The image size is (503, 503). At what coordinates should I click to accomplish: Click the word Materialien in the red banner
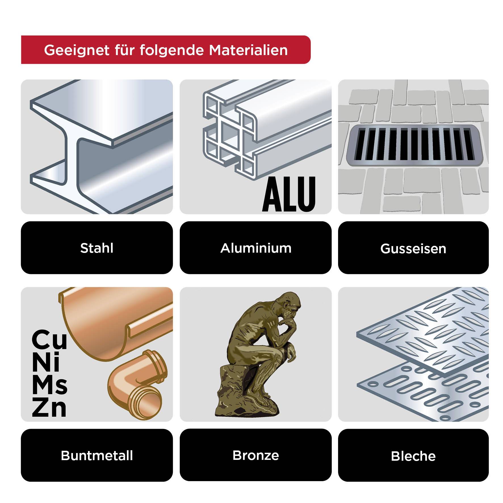point(248,50)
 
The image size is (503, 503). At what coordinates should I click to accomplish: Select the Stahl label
point(97,248)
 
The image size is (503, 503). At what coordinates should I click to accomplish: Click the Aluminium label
point(256,248)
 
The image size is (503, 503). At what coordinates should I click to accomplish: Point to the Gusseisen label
point(413,249)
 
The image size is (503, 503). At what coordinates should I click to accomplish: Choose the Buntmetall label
point(97,456)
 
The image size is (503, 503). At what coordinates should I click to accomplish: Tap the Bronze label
point(256,455)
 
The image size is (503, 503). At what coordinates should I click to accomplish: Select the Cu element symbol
point(49,340)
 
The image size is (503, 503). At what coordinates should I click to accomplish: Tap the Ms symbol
point(49,385)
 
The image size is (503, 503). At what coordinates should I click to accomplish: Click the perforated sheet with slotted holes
point(420,395)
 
